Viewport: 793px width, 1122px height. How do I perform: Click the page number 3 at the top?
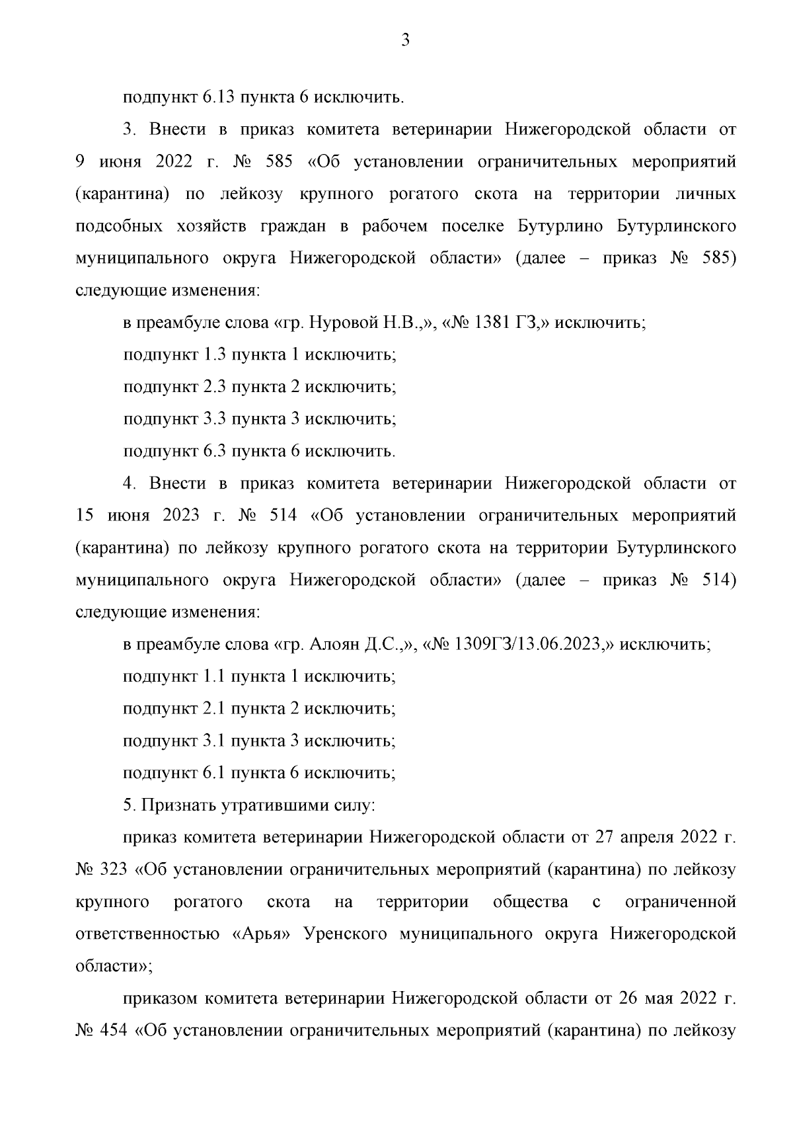click(x=405, y=41)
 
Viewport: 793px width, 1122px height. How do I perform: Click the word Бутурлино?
click(x=560, y=226)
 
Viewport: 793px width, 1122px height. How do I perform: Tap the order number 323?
click(x=114, y=869)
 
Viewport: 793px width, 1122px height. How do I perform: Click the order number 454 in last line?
click(x=114, y=1030)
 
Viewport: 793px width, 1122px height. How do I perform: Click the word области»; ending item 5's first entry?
click(x=114, y=966)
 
